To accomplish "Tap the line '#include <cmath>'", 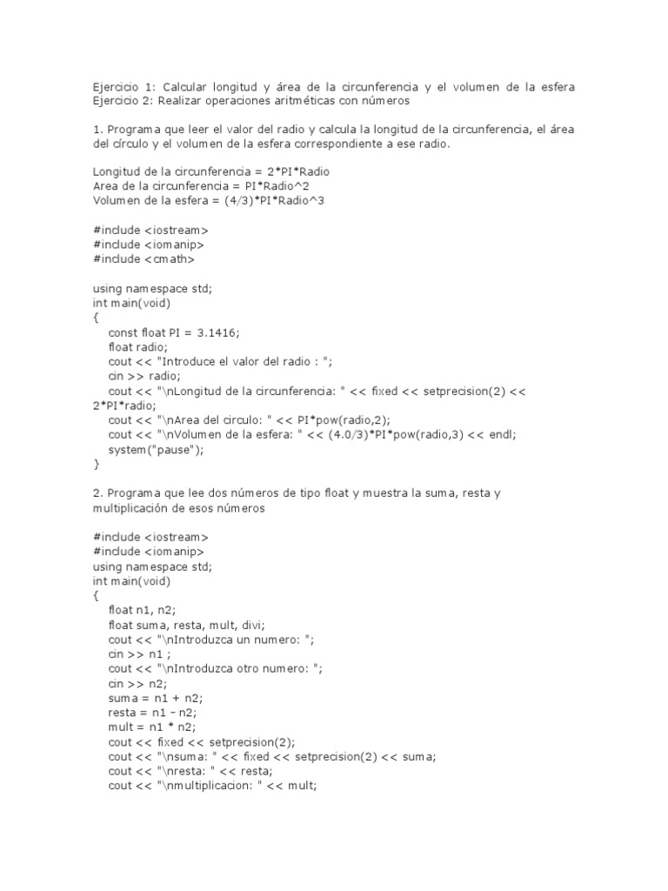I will pyautogui.click(x=144, y=258).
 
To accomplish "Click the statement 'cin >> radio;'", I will pyautogui.click(x=144, y=377).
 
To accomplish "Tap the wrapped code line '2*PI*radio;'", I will pyautogui.click(x=124, y=405).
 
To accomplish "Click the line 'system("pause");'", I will pyautogui.click(x=156, y=450).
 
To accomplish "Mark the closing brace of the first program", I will pyautogui.click(x=96, y=465).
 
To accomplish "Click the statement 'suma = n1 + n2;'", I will pyautogui.click(x=152, y=699).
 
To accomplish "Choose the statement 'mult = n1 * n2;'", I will pyautogui.click(x=152, y=727).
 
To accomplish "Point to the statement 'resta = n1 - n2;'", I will pyautogui.click(x=153, y=713).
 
